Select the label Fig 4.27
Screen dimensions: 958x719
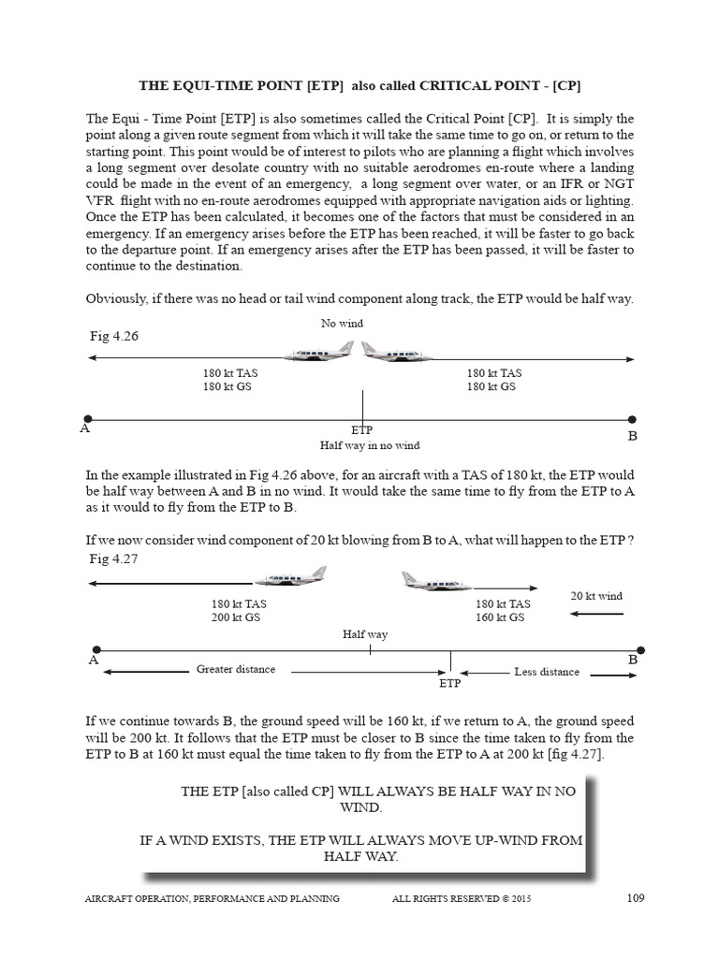coord(106,559)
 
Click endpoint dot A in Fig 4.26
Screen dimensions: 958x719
coord(87,419)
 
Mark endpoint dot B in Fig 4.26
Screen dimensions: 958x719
coord(632,419)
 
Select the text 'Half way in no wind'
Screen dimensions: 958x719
coord(369,445)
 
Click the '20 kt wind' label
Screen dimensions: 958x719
coord(596,596)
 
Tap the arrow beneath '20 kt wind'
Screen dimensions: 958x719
coord(596,614)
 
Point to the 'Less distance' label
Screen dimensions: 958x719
coord(547,672)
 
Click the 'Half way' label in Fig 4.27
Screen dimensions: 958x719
coord(365,634)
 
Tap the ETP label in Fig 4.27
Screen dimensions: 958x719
coord(450,684)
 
